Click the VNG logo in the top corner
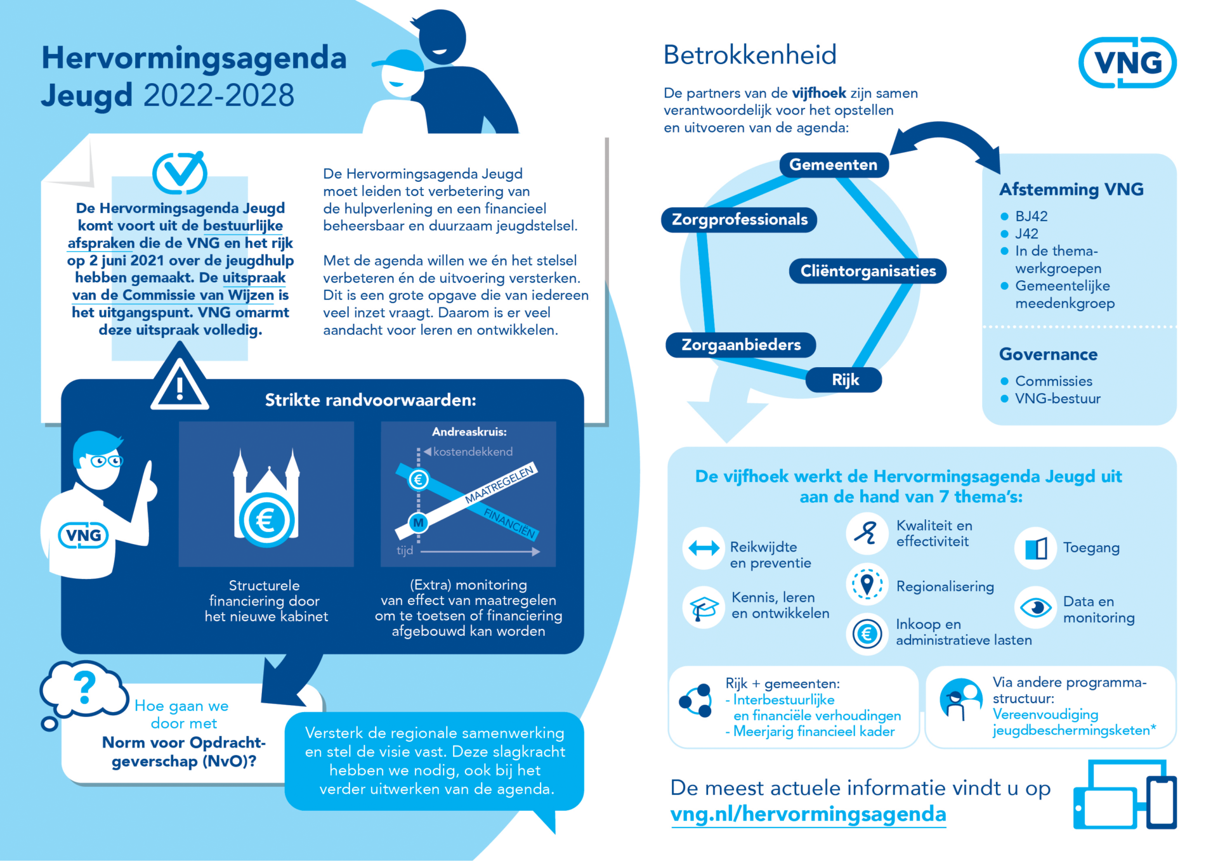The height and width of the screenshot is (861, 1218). (x=1127, y=62)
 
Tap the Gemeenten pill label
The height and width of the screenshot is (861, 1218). (x=833, y=165)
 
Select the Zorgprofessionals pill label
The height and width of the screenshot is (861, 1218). (x=739, y=220)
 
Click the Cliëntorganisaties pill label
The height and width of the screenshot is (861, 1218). (x=867, y=271)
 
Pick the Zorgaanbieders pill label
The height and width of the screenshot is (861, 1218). (x=740, y=345)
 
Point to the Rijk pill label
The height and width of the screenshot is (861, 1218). (x=844, y=380)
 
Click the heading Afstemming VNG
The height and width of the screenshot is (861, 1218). (x=1071, y=189)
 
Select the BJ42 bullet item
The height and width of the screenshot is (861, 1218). (x=1031, y=216)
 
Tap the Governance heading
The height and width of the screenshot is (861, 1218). (x=1048, y=354)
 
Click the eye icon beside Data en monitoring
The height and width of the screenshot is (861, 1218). (x=1035, y=607)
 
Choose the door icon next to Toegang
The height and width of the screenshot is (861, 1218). (x=1035, y=548)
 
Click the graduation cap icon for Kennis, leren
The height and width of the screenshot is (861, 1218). (x=704, y=607)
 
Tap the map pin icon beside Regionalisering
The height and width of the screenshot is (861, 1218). (x=867, y=584)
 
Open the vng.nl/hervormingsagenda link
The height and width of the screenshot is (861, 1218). (x=808, y=814)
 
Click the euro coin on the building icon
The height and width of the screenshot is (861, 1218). (x=266, y=521)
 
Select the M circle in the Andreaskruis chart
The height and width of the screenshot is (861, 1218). (x=418, y=523)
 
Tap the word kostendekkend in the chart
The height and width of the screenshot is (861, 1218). (x=473, y=451)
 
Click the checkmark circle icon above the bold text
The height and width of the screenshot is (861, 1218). (x=180, y=172)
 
